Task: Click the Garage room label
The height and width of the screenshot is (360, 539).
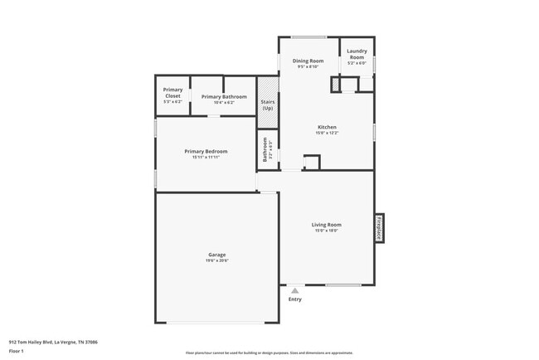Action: click(216, 255)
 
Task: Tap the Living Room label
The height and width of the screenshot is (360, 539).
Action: click(326, 225)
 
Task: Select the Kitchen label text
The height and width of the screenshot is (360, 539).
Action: click(326, 127)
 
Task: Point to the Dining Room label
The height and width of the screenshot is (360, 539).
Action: click(308, 61)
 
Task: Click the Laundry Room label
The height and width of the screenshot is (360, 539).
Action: click(357, 53)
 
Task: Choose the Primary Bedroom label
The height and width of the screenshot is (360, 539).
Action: click(206, 151)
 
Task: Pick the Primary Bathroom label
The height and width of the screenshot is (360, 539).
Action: click(224, 96)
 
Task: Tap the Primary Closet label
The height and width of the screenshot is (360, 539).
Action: click(172, 92)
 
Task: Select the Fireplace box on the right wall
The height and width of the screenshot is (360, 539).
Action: click(380, 227)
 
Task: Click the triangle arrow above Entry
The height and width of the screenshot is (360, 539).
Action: click(294, 290)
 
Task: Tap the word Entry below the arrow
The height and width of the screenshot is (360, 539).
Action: click(294, 299)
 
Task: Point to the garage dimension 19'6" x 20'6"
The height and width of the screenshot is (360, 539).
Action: click(216, 260)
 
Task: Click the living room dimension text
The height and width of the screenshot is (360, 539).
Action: click(326, 231)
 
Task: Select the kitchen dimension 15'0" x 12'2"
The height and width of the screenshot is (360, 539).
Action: click(326, 133)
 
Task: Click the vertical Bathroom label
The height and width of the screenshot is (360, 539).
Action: click(266, 153)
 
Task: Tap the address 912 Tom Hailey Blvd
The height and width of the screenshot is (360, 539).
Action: click(53, 341)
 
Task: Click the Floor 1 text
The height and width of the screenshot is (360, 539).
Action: click(17, 351)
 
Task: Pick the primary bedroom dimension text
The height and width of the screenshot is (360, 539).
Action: click(206, 157)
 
